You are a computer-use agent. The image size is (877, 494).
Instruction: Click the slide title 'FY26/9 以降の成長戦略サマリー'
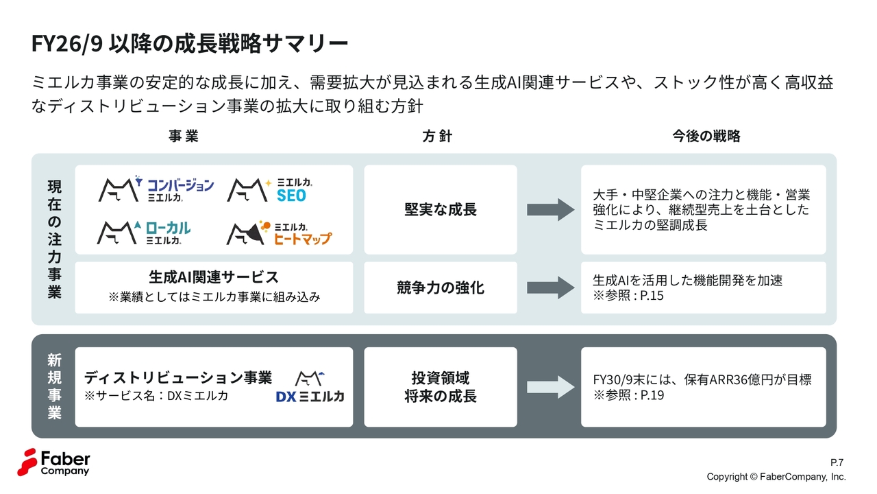click(x=190, y=44)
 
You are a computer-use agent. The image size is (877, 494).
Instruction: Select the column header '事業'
click(x=183, y=136)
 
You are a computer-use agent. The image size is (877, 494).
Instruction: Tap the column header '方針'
click(x=437, y=136)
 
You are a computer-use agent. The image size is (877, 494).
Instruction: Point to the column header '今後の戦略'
click(x=706, y=136)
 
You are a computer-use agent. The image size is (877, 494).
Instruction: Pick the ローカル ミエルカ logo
click(x=145, y=233)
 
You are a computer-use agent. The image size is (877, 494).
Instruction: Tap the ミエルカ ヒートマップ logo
click(x=279, y=233)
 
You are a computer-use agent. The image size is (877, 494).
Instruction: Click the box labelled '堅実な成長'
click(x=441, y=209)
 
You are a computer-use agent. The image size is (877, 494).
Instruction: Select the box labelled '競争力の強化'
click(x=441, y=287)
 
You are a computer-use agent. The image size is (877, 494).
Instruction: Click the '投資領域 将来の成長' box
click(x=441, y=387)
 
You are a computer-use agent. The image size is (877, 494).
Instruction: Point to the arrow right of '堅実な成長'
click(x=551, y=209)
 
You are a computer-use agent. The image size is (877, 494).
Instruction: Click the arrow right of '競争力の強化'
click(x=551, y=287)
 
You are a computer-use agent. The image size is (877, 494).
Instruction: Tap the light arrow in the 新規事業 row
click(x=551, y=387)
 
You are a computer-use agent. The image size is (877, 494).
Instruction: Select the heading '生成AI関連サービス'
click(x=214, y=277)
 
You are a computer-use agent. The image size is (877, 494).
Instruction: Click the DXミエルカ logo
click(x=310, y=387)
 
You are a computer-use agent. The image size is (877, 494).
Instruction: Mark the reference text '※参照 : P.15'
click(x=628, y=296)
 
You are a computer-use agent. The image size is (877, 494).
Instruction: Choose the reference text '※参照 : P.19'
click(x=628, y=395)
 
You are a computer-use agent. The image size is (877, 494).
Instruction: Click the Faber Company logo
click(x=53, y=462)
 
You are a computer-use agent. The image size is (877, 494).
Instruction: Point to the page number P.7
click(x=837, y=462)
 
